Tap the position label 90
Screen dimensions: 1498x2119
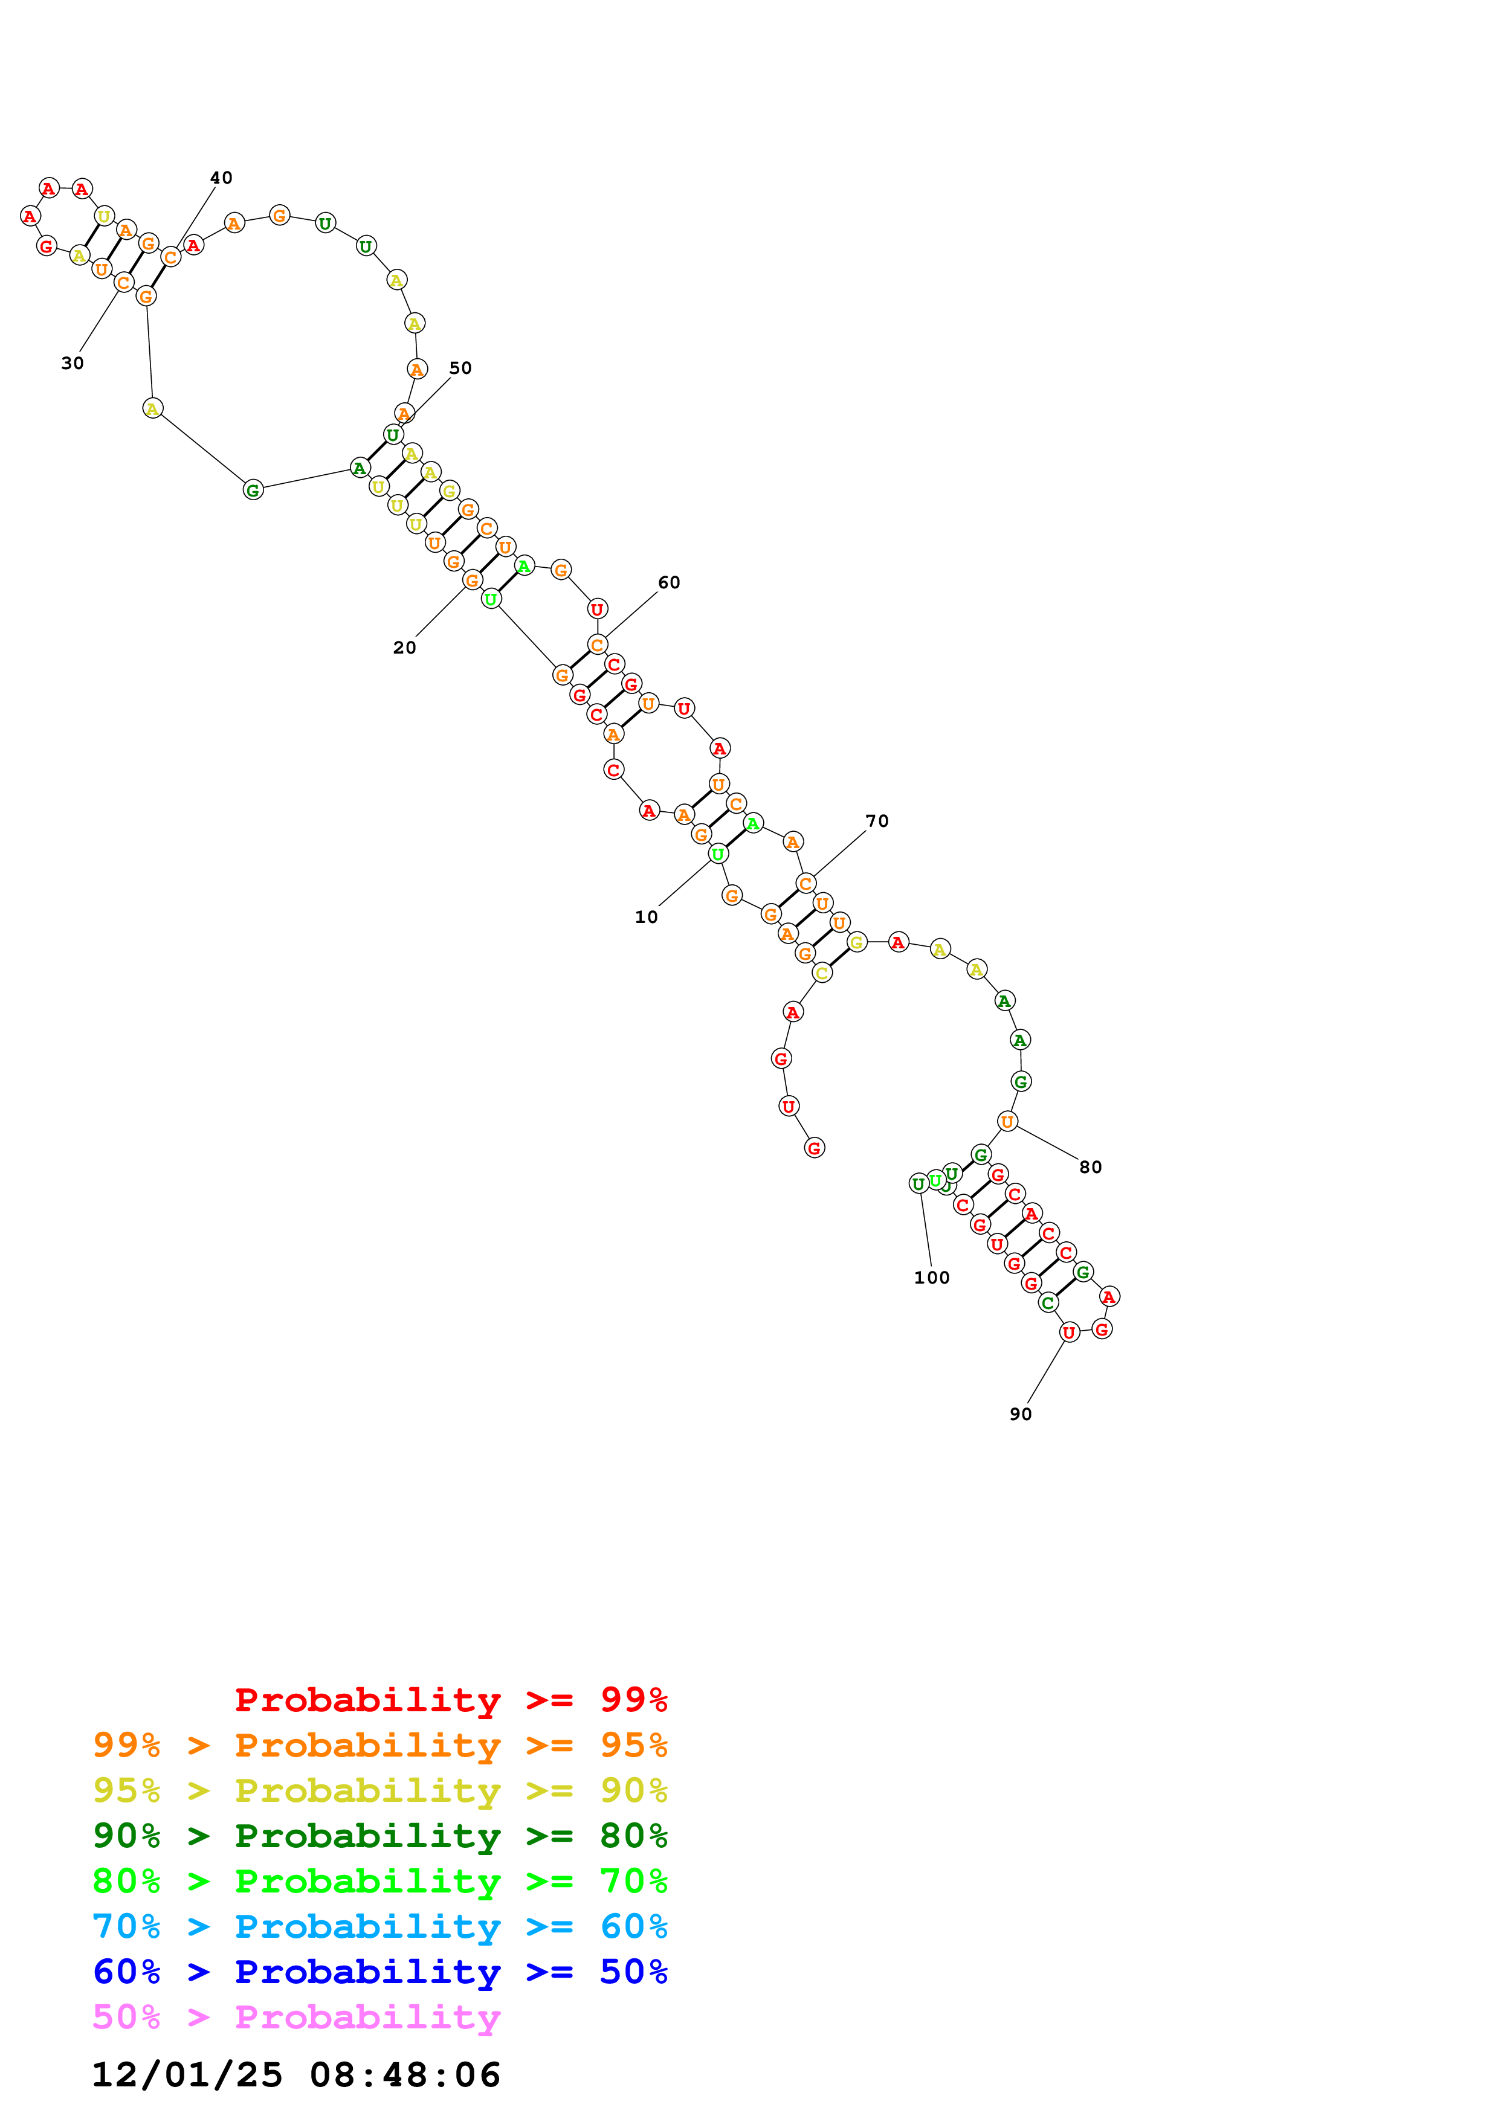(x=1020, y=1414)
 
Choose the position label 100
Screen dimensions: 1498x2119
(x=931, y=1278)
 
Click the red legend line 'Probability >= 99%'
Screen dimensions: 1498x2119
(x=450, y=1700)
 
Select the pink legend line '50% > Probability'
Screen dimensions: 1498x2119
(x=296, y=2018)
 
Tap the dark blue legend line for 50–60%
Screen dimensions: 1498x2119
(x=380, y=1972)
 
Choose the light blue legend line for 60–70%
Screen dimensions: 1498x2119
(x=380, y=1927)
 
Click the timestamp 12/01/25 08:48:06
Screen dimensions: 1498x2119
(x=296, y=2075)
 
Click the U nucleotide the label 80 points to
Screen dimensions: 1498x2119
(x=1007, y=1121)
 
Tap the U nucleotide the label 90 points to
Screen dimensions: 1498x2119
(x=1069, y=1332)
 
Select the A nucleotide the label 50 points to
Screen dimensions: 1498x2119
(x=403, y=413)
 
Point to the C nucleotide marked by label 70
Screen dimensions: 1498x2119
(x=805, y=883)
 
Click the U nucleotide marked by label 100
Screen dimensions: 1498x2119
(x=918, y=1183)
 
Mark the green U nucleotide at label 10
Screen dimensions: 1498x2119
(x=718, y=854)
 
